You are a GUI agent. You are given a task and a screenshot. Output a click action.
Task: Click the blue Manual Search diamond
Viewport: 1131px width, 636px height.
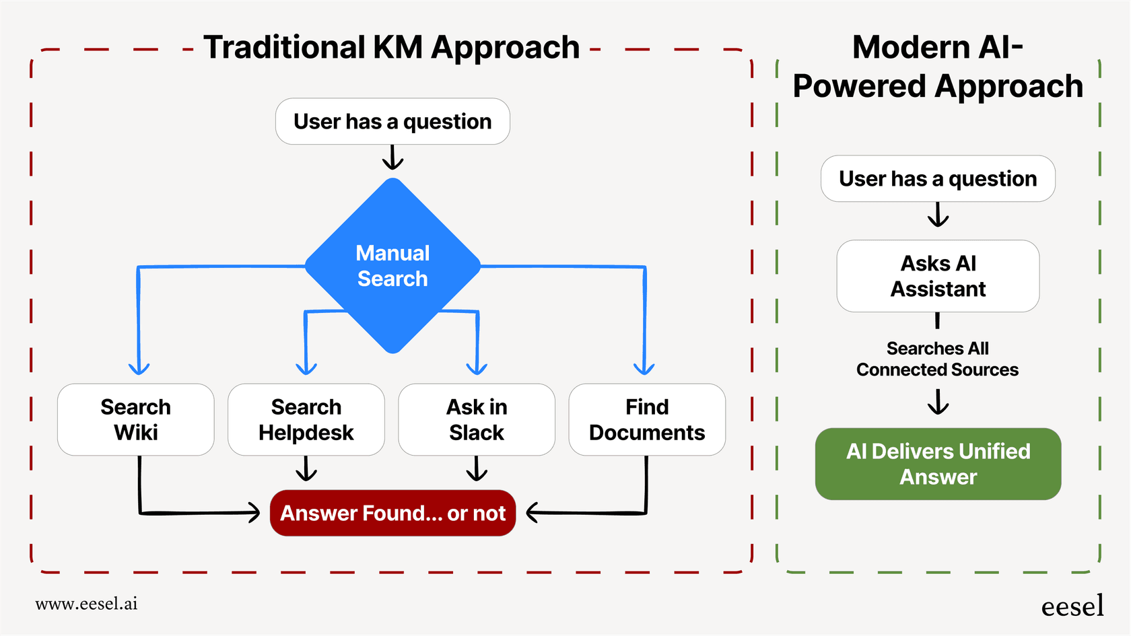(x=392, y=266)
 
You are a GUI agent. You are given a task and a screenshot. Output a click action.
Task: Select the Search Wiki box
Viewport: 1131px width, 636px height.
(x=136, y=419)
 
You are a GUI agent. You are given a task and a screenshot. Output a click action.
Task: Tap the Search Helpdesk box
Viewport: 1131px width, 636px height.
(x=306, y=419)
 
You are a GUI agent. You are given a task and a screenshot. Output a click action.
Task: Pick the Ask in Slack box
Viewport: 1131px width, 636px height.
(x=477, y=419)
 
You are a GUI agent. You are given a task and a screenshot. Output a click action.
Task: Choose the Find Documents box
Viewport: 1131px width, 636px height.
(x=647, y=419)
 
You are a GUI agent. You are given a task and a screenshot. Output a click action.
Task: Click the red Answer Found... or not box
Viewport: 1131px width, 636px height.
(x=392, y=513)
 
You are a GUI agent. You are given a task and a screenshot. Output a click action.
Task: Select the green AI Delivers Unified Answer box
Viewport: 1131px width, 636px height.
(x=938, y=464)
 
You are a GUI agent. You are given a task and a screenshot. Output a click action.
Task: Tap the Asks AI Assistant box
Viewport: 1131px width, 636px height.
(x=938, y=276)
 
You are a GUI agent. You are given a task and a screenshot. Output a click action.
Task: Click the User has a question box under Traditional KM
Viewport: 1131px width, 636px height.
(x=392, y=121)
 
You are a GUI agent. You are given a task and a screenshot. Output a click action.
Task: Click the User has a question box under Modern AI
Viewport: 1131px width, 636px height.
(x=938, y=178)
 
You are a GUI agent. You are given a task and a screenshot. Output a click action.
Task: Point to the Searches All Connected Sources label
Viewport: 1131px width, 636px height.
(x=938, y=359)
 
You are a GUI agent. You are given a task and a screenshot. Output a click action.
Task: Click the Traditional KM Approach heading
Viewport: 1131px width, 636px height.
(x=391, y=47)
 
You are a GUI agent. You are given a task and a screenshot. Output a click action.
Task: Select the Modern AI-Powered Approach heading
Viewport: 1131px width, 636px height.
(x=938, y=67)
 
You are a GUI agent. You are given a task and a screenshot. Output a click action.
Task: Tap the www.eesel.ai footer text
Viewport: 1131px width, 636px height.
(x=86, y=604)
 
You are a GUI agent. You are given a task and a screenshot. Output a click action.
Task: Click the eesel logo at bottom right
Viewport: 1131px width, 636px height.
(x=1072, y=606)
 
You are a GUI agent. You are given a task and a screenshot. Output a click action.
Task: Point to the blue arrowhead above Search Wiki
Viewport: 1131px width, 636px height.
(x=139, y=368)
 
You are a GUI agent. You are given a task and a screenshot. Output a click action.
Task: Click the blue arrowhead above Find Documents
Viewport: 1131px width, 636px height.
(x=644, y=368)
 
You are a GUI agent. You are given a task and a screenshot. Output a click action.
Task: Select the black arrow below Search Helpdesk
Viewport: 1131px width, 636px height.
(x=306, y=470)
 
